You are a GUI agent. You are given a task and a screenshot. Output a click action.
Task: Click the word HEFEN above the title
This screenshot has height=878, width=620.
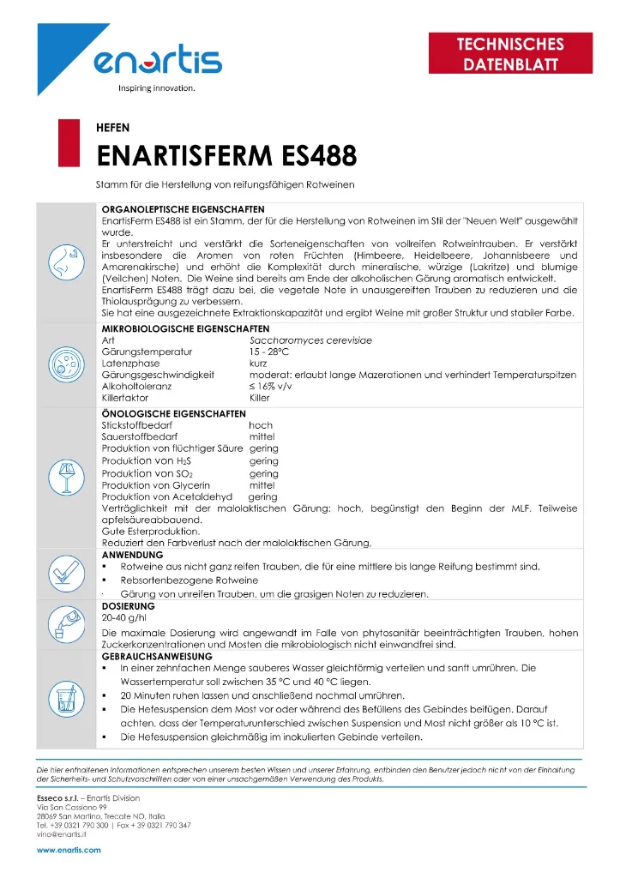112,128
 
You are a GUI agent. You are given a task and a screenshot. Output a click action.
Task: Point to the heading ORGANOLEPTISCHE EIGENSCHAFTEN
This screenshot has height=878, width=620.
184,209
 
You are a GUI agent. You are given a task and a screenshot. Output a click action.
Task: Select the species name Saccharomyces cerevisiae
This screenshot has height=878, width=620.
304,340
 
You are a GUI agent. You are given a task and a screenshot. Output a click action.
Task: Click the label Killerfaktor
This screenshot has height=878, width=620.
127,399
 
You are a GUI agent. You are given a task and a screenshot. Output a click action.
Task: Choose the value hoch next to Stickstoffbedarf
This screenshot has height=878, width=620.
261,425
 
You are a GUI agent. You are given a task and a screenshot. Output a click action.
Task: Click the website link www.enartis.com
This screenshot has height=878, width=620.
69,850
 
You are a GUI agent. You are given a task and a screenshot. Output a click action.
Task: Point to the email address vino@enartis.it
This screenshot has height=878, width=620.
60,833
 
